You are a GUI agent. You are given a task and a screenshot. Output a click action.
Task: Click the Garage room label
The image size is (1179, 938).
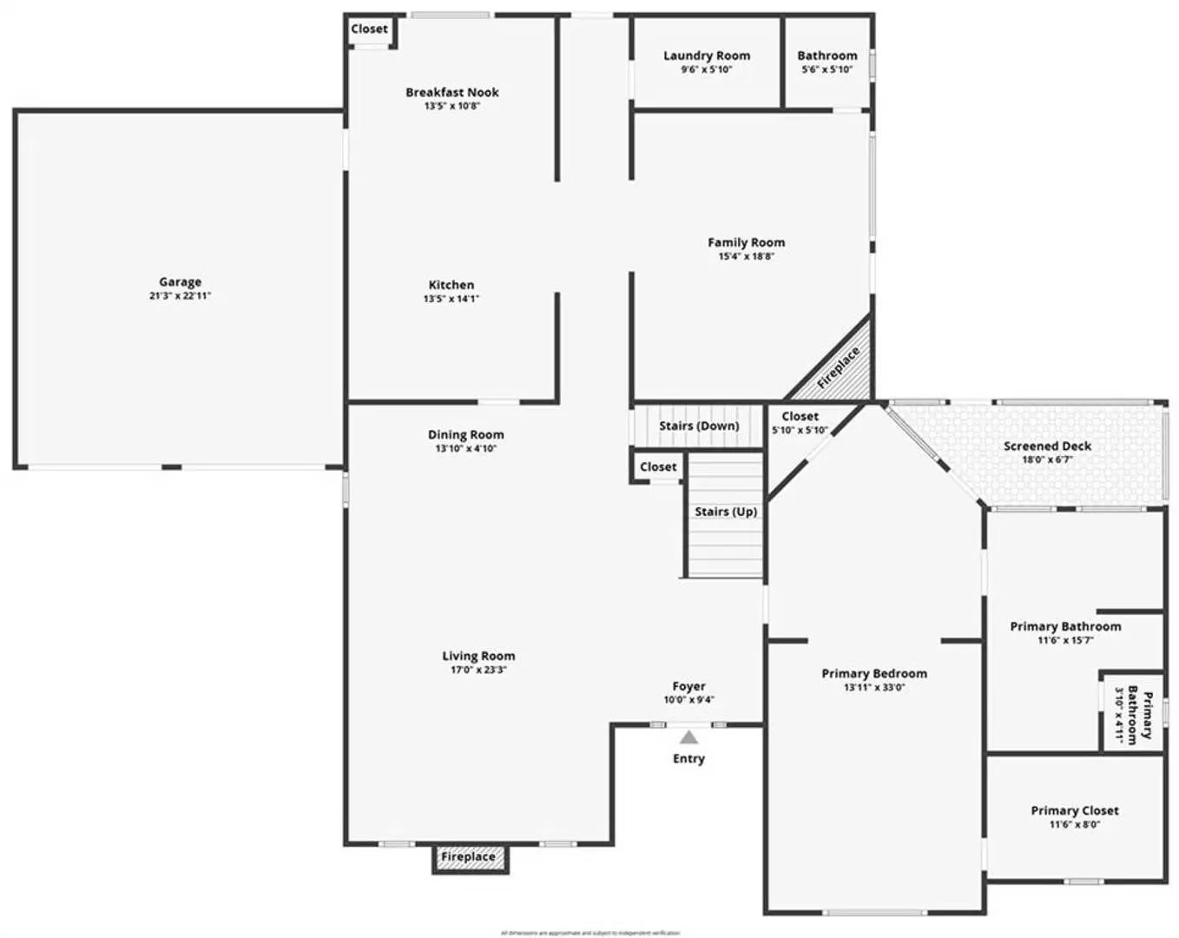[180, 281]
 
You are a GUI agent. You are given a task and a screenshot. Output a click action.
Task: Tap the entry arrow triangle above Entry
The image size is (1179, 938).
[688, 737]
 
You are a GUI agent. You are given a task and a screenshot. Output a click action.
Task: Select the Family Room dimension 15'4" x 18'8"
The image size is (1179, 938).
[746, 256]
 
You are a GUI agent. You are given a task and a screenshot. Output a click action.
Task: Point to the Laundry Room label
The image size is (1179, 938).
[707, 56]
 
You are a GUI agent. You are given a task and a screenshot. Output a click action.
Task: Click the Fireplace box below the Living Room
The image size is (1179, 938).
[469, 857]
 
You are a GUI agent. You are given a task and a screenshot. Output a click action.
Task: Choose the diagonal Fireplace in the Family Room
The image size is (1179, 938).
[838, 367]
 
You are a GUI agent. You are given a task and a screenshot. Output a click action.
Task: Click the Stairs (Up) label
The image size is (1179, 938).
[725, 512]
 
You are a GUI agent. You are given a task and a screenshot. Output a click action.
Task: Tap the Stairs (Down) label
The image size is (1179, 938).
[699, 426]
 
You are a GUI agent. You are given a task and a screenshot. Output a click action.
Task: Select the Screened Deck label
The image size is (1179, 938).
[1048, 446]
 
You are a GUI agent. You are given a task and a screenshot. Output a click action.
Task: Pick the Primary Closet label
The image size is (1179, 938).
[1075, 810]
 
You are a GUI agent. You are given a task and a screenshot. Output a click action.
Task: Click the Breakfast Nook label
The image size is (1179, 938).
[452, 92]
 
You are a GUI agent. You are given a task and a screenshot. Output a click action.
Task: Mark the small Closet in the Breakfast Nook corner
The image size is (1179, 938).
[370, 29]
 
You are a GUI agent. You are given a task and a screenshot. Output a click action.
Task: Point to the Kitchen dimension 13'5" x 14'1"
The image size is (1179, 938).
[451, 299]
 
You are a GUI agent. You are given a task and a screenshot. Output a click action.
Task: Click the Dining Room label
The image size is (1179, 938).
[466, 434]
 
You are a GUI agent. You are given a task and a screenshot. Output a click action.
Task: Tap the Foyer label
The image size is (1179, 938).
[688, 686]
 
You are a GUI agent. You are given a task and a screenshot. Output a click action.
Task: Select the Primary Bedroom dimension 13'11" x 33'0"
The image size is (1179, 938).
[874, 687]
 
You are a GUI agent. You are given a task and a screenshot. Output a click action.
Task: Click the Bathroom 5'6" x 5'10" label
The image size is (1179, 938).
[827, 56]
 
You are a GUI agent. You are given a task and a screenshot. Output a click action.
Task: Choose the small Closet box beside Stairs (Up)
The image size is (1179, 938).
[658, 466]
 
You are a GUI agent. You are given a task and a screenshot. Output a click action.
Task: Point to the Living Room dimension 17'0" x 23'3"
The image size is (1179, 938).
[478, 670]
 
